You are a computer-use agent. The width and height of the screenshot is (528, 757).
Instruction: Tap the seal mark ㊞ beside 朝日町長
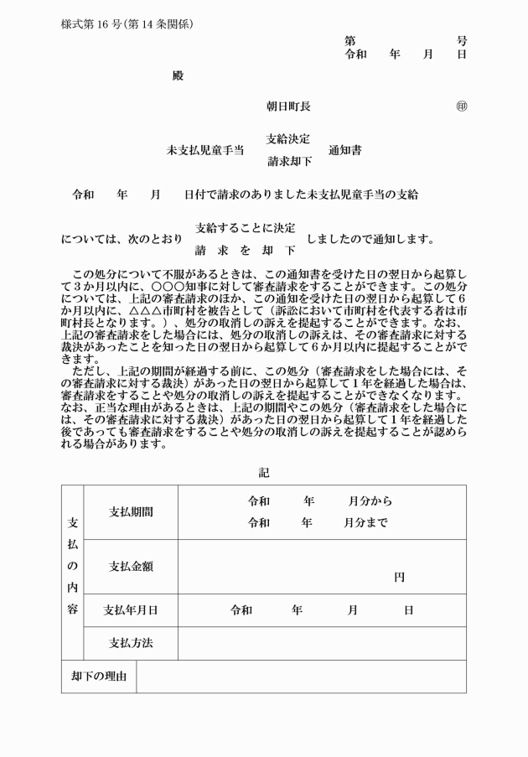click(x=461, y=106)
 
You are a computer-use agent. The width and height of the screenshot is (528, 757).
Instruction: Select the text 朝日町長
click(x=288, y=106)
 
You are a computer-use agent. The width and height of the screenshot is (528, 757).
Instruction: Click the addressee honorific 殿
click(x=177, y=76)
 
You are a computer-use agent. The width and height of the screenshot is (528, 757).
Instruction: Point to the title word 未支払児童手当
click(x=205, y=151)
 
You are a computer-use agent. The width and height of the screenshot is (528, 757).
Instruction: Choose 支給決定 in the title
click(x=288, y=138)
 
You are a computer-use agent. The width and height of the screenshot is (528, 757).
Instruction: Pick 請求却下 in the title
click(x=289, y=161)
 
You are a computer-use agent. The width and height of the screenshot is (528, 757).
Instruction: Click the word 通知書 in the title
click(x=345, y=151)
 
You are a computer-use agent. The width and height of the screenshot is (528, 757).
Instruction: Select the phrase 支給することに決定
click(x=245, y=227)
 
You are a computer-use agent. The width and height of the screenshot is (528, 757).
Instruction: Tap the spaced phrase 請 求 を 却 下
click(x=245, y=250)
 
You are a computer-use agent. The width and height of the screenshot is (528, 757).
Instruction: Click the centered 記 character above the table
click(x=264, y=473)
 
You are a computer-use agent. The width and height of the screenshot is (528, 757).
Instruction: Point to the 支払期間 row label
click(x=131, y=512)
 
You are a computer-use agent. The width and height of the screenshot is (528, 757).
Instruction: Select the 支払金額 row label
click(x=131, y=567)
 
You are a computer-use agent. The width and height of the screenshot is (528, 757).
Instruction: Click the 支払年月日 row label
click(x=131, y=610)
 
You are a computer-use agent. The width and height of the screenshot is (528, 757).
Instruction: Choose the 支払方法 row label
click(x=131, y=644)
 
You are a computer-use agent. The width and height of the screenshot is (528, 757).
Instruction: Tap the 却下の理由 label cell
click(x=99, y=677)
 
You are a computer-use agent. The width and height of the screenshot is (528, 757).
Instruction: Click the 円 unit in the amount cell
click(x=400, y=578)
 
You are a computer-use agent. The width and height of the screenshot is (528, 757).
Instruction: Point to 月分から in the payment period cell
click(x=370, y=501)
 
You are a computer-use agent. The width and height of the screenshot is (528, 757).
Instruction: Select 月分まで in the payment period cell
click(x=365, y=522)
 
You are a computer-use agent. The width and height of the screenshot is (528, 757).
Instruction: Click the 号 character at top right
click(x=462, y=40)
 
